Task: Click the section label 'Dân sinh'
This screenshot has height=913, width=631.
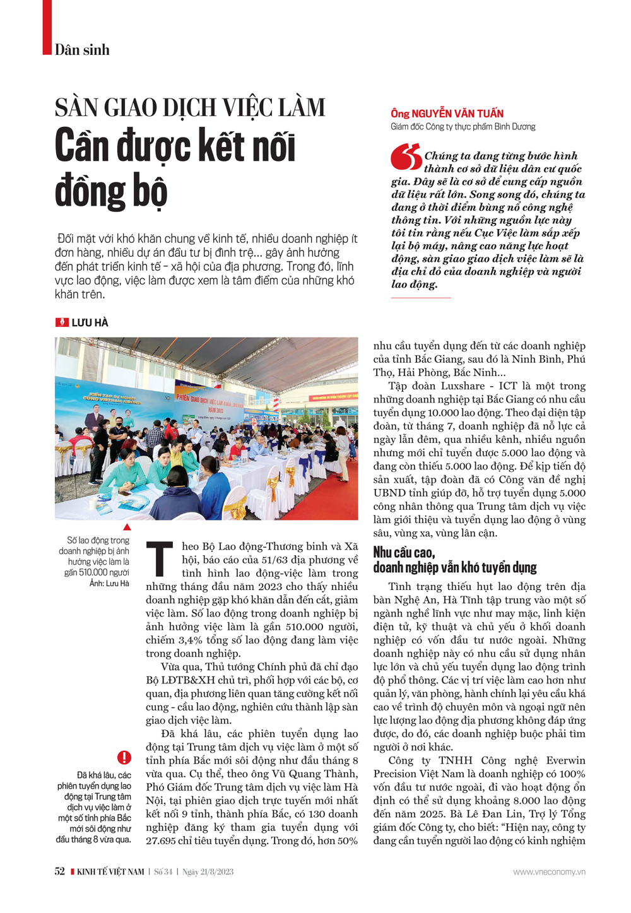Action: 82,50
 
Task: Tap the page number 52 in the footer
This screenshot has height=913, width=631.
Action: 60,871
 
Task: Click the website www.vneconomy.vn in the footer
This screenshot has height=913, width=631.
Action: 549,872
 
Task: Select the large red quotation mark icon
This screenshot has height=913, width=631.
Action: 406,157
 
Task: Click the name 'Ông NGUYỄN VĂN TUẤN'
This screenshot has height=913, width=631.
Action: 447,114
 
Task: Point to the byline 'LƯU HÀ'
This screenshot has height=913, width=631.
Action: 90,322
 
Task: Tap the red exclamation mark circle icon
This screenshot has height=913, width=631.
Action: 124,757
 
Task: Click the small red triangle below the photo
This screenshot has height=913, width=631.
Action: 127,527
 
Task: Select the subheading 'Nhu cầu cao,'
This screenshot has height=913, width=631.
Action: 404,553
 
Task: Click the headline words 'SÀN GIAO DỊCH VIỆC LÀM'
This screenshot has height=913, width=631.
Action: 190,108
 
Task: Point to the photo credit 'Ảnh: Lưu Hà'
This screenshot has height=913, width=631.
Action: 109,584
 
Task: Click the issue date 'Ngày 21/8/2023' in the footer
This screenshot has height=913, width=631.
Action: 208,872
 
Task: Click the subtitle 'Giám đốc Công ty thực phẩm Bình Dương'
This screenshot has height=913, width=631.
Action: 463,127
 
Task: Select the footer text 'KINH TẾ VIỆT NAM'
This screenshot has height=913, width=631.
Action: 110,872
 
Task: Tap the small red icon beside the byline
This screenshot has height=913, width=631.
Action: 62,322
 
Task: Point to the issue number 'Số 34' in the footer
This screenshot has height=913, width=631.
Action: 163,872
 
